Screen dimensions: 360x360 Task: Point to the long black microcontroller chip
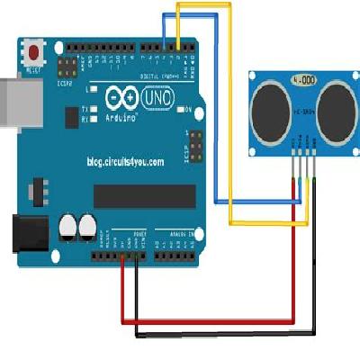(x=144, y=194)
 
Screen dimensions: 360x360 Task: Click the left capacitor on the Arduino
(x=68, y=225)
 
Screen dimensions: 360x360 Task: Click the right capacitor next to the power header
(x=87, y=225)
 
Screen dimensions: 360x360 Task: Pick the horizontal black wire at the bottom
(x=225, y=334)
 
